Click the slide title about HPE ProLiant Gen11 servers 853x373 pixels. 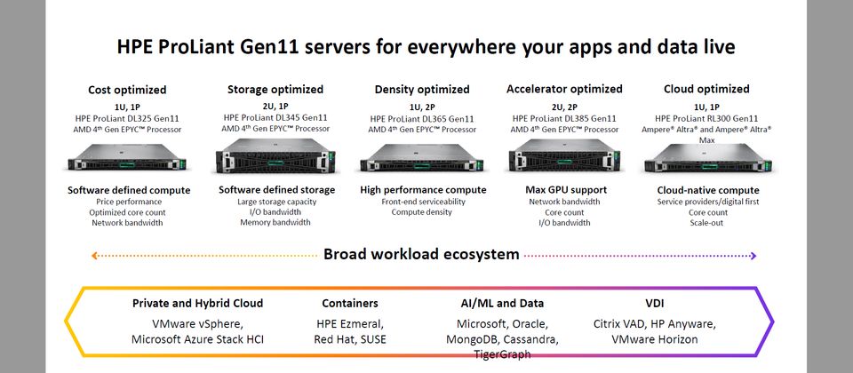point(426,47)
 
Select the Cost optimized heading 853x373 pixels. point(126,89)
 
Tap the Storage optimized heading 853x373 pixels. point(275,89)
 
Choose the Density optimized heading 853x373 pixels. point(422,89)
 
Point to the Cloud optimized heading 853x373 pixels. point(706,89)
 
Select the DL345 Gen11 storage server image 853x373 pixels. point(275,159)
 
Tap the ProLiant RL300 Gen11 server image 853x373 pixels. point(707,162)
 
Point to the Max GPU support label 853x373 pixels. point(565,190)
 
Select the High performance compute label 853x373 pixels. point(422,190)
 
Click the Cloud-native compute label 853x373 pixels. point(708,190)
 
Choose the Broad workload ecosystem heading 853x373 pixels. point(421,255)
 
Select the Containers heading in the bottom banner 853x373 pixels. point(350,303)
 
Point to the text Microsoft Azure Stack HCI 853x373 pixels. point(197,339)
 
